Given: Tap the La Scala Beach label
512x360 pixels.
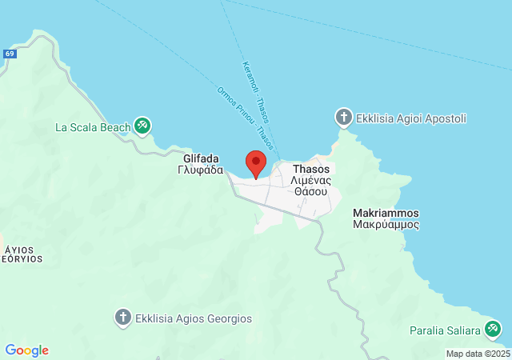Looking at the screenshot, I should [x=91, y=126].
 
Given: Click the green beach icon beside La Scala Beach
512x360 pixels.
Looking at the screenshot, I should [x=142, y=125].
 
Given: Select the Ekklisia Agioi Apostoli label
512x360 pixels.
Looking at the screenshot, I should [x=412, y=118].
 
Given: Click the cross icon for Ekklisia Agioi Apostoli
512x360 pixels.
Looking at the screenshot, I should [x=344, y=118].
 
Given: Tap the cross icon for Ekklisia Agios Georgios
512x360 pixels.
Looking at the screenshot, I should [x=122, y=318].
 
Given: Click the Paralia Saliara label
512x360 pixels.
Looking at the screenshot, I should [x=445, y=330].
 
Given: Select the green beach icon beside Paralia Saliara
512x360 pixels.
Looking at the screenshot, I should [x=493, y=329].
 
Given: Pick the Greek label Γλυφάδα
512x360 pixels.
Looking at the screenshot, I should [x=195, y=170].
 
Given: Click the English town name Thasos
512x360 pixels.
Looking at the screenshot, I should [x=310, y=170].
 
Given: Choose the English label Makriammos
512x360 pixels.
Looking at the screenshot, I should [x=386, y=214].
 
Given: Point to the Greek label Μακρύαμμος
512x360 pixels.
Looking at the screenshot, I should [x=386, y=225].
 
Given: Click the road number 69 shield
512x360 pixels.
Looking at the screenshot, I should [x=10, y=54].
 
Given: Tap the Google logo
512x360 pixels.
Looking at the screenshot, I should [x=26, y=350].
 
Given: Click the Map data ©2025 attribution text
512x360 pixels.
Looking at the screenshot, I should [x=477, y=354].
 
